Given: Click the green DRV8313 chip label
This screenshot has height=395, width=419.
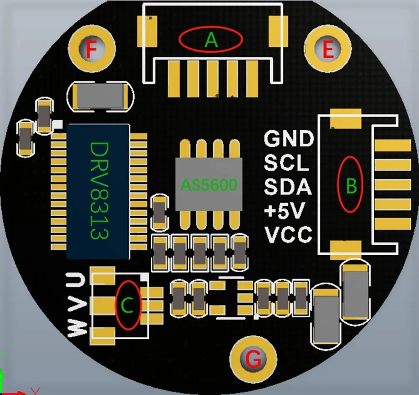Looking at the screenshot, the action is pos(99,191).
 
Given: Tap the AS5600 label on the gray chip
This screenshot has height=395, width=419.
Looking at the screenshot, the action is pos(209,185).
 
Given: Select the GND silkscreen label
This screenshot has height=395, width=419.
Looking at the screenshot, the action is pos(289,139).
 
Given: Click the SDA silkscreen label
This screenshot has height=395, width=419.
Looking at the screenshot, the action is pos(288,186).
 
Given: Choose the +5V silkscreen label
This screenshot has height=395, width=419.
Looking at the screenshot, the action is pos(285,210).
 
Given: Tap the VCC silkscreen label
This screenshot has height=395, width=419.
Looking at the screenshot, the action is pos(288,234).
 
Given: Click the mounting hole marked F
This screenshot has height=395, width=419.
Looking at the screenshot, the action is pos(92,49).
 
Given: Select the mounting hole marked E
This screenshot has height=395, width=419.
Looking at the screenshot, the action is pos(328,49).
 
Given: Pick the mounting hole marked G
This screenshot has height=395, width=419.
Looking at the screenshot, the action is pos(253,359).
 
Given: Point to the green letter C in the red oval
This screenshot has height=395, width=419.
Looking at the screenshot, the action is pos(127,305).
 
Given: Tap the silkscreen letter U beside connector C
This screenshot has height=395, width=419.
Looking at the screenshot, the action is pos(76,280).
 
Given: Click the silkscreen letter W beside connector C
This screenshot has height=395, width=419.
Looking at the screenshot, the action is pos(77,328).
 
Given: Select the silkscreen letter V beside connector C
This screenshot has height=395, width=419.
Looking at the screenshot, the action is pos(77,305).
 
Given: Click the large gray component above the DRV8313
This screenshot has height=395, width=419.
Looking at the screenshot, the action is pos(100,97).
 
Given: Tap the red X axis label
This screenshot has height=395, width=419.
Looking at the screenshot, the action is pos(35,391).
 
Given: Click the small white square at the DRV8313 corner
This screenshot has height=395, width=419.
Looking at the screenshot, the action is pos(58,124).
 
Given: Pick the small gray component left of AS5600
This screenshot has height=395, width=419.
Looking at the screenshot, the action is pos(160,212).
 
